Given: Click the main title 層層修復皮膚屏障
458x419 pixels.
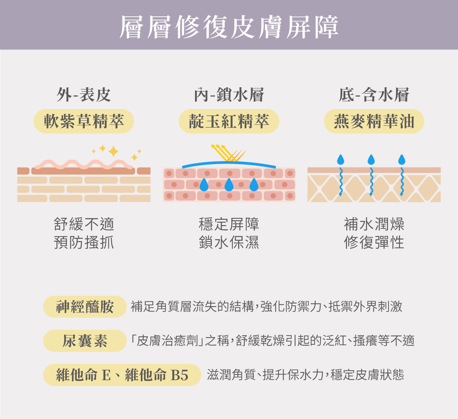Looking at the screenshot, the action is click(x=229, y=27).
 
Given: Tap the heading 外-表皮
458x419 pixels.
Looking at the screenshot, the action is click(x=84, y=95).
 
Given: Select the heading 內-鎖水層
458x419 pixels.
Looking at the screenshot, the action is click(x=229, y=95).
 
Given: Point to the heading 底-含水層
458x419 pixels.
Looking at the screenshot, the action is click(x=374, y=95).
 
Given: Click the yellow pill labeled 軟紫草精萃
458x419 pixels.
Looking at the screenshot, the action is click(x=84, y=122).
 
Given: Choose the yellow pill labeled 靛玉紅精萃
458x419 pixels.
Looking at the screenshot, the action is click(x=229, y=122).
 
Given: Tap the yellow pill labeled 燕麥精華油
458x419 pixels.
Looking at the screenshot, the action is click(x=374, y=122).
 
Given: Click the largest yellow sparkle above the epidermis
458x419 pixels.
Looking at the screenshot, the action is click(x=113, y=151).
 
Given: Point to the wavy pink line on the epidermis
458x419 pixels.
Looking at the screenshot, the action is click(x=84, y=164).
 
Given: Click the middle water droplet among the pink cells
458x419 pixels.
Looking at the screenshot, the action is click(x=229, y=185).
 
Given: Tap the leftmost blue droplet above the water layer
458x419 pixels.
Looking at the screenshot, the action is click(x=340, y=160).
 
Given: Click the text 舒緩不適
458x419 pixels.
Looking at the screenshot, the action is click(x=84, y=224).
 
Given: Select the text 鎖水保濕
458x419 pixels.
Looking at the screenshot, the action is click(x=229, y=242).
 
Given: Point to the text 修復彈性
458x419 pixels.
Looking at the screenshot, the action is click(x=374, y=242).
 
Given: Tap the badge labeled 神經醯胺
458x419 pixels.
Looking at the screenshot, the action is click(x=85, y=307).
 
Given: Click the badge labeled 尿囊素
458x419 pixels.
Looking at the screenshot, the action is click(x=85, y=341).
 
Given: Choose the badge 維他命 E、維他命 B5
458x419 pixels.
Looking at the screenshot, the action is click(x=122, y=375).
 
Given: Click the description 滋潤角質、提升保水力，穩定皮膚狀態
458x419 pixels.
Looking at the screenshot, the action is click(x=305, y=375).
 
